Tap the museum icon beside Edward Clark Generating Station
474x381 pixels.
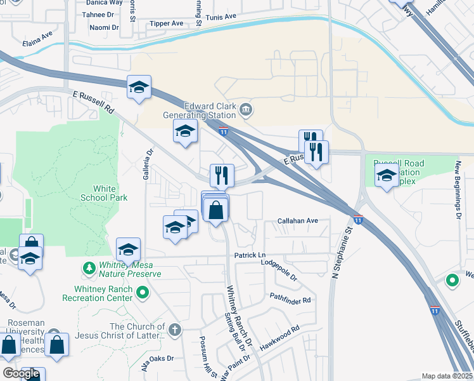click(x=246, y=112)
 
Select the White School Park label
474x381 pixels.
click(x=105, y=193)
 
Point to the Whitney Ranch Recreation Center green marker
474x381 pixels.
click(x=143, y=293)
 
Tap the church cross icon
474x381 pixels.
click(x=175, y=330)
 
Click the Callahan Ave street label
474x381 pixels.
click(x=298, y=221)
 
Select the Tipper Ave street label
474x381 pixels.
click(x=166, y=23)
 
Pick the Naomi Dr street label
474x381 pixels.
click(x=104, y=28)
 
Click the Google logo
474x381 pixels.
click(x=21, y=373)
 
